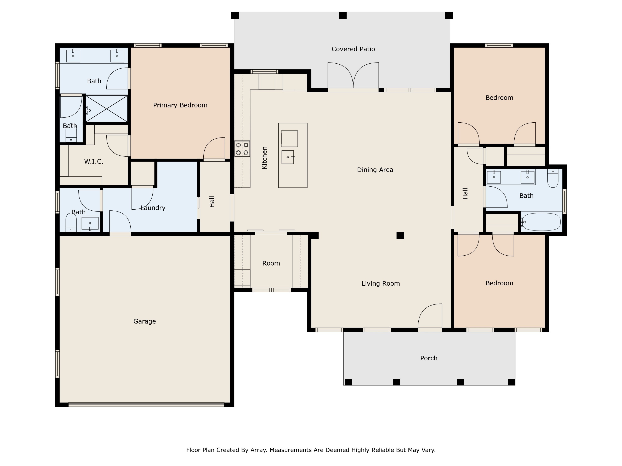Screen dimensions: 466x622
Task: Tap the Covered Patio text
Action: [353, 49]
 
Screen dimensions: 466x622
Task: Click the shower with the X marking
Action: [107, 109]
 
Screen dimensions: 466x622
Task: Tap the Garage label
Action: [145, 321]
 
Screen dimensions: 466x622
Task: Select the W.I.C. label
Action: [94, 162]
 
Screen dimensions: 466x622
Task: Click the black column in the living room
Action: [400, 235]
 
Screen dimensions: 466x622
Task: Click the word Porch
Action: [429, 358]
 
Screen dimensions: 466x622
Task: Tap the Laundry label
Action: [153, 208]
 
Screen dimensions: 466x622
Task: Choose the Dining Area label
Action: [375, 170]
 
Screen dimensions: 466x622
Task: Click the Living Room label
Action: [380, 283]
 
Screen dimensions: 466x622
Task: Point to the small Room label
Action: [271, 263]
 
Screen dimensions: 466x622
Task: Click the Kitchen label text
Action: [264, 158]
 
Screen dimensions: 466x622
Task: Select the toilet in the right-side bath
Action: [553, 179]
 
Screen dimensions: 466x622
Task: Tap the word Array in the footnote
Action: [258, 450]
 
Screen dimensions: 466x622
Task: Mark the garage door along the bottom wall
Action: [146, 405]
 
